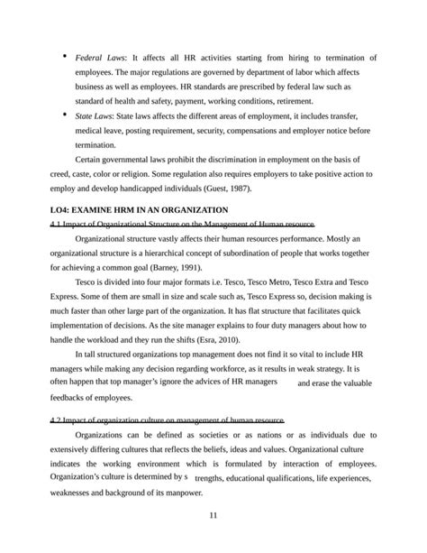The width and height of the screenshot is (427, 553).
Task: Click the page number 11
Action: tap(213, 515)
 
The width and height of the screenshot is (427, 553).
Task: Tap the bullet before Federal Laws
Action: tap(65, 57)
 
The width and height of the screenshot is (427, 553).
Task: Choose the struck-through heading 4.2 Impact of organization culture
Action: tap(168, 419)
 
